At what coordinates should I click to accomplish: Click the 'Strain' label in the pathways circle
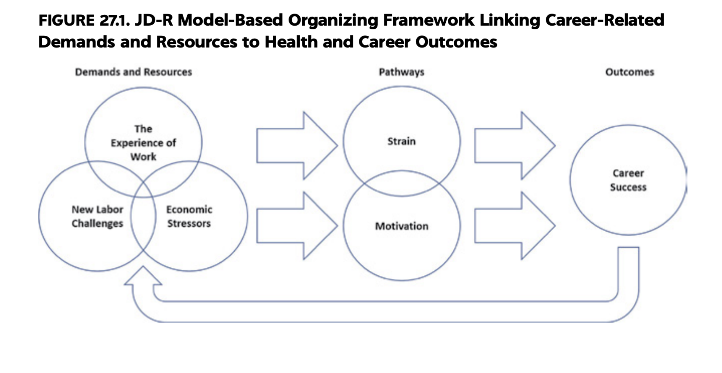[x=401, y=141]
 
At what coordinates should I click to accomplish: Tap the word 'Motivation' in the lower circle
[x=402, y=226]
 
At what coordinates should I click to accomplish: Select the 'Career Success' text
[x=628, y=180]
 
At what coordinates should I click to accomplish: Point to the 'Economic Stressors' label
[x=189, y=216]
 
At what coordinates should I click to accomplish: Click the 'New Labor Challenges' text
[x=97, y=216]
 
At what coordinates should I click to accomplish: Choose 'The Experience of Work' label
[x=143, y=143]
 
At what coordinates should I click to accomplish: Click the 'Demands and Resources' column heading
[x=133, y=72]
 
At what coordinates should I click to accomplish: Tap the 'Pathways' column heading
[x=402, y=72]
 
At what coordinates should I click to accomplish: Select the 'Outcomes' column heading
[x=629, y=72]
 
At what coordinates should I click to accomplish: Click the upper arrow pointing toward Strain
[x=297, y=146]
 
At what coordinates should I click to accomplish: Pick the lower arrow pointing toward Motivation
[x=297, y=226]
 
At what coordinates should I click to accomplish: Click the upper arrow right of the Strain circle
[x=515, y=146]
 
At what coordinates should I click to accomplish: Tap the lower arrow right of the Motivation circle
[x=515, y=226]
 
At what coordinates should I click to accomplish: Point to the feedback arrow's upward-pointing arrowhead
[x=143, y=276]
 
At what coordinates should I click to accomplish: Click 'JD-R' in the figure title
[x=154, y=21]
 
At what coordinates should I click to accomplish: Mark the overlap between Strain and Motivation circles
[x=402, y=183]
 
